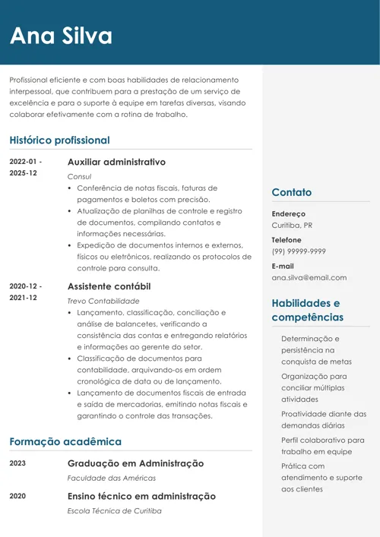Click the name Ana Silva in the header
pos(61,35)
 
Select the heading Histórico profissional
pos(59,141)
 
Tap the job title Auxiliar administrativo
pos(116,163)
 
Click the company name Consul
pos(79,176)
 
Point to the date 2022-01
pos(25,162)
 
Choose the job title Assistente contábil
pos(109,286)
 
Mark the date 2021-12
pos(23,298)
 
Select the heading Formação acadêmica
pos(65,441)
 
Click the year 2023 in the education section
pos(17,463)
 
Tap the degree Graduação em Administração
pos(135,463)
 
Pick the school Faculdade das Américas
pos(112,479)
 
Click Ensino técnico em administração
pos(141,496)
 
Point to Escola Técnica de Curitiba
pos(115,511)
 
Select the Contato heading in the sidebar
pos(292,193)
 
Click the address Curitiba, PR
pos(292,226)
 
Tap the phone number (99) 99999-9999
pos(299,251)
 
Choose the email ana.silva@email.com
pos(309,278)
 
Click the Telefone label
pos(287,240)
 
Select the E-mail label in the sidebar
pos(283,267)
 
